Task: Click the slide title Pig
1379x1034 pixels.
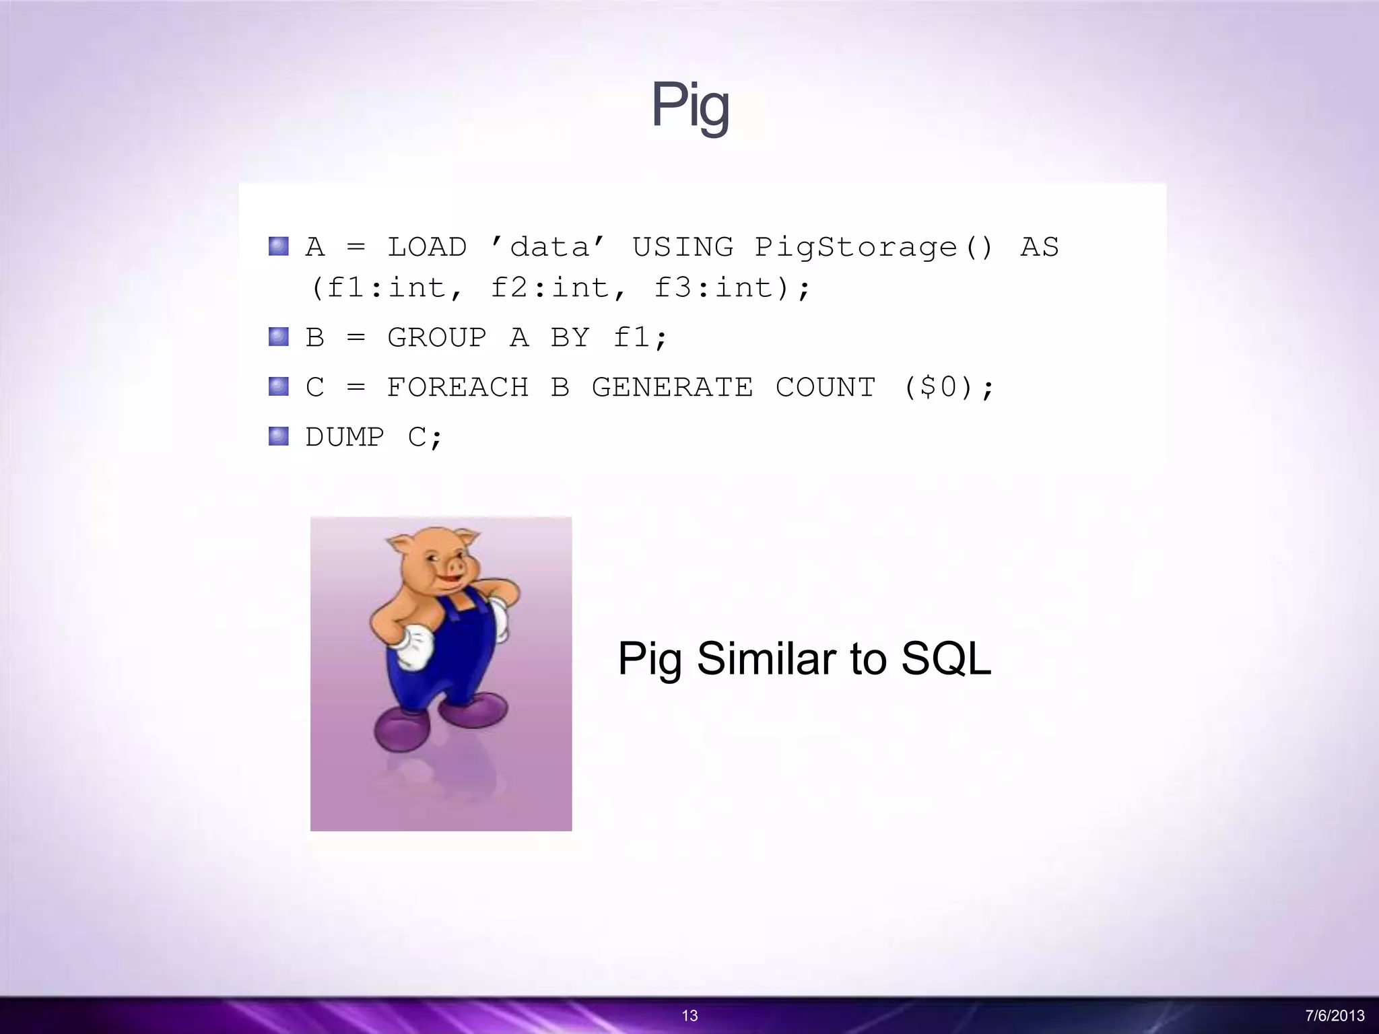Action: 689,106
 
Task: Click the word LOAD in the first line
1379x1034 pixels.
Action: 426,248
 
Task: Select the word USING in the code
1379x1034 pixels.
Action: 682,248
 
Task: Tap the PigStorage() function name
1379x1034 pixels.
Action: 873,248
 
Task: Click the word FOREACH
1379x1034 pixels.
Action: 457,388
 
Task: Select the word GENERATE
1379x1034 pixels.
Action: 671,388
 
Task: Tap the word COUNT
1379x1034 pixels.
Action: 825,388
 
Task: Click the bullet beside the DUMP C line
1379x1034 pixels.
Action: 278,437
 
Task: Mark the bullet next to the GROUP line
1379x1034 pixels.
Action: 278,337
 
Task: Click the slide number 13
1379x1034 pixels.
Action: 689,1016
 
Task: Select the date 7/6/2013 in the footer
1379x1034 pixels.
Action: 1335,1016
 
